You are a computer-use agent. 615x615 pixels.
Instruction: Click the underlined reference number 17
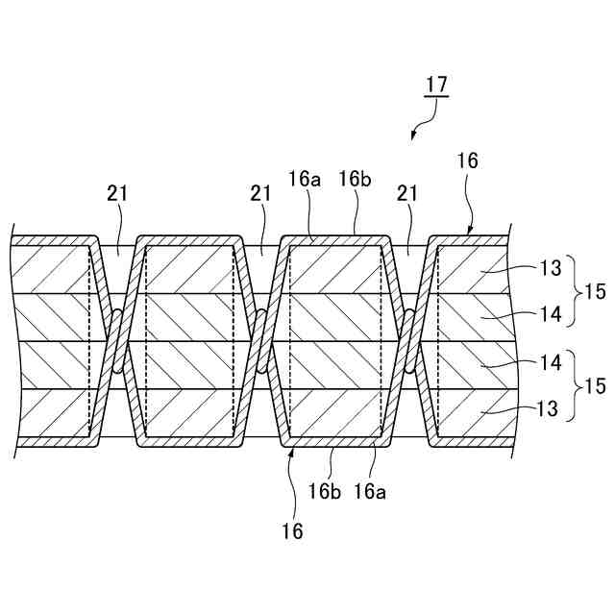pyautogui.click(x=436, y=85)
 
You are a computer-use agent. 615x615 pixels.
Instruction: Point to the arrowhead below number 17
pyautogui.click(x=414, y=137)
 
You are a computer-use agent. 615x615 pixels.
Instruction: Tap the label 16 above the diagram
pyautogui.click(x=468, y=160)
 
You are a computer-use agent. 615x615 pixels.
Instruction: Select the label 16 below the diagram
pyautogui.click(x=293, y=530)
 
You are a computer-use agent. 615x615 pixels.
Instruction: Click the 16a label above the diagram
pyautogui.click(x=304, y=179)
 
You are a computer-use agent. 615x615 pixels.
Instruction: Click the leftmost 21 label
pyautogui.click(x=116, y=193)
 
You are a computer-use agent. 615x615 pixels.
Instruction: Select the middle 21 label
pyautogui.click(x=260, y=193)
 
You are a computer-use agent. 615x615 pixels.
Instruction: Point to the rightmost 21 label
pyautogui.click(x=406, y=193)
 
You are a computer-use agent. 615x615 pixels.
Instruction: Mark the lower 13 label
pyautogui.click(x=547, y=408)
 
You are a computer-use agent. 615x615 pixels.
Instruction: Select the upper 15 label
pyautogui.click(x=595, y=291)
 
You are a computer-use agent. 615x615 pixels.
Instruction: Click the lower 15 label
pyautogui.click(x=595, y=386)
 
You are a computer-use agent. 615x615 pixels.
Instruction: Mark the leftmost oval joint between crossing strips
pyautogui.click(x=115, y=341)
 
